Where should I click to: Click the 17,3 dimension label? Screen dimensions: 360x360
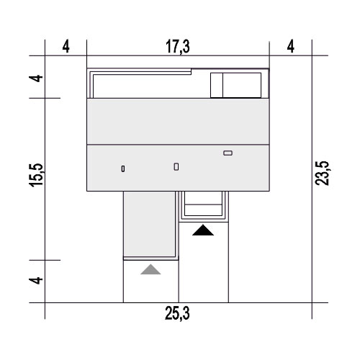pos(178,47)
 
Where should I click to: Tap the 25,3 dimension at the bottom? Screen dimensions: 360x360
pos(177,313)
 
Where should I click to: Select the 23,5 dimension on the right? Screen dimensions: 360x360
pos(322,173)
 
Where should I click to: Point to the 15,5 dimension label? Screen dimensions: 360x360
pos(36,175)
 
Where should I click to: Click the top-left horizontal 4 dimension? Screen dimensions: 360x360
pos(66,47)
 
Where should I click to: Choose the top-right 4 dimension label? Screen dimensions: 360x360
pos(291,47)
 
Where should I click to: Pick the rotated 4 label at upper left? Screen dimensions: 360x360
pos(36,78)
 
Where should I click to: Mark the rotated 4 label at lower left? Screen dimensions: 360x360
pos(36,280)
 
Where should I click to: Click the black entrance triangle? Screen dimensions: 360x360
pos(203,230)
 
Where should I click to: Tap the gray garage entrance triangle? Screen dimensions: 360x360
pos(150,269)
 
